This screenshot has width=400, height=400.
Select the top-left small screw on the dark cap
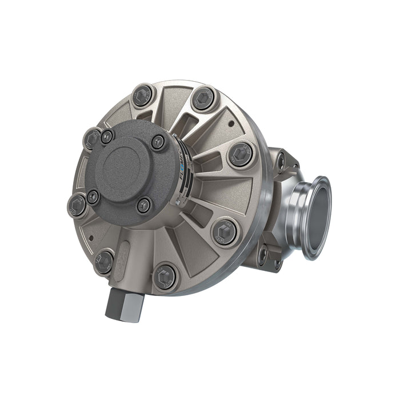tap(107, 136)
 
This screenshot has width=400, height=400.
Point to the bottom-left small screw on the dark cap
tap(93, 197)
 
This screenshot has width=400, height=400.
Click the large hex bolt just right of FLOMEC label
tap(241, 154)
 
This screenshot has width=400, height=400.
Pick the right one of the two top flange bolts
tap(203, 99)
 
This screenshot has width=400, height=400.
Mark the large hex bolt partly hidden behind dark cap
tap(91, 139)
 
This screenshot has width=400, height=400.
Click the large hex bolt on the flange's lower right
tap(224, 231)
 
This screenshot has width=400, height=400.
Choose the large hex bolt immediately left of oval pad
tap(103, 262)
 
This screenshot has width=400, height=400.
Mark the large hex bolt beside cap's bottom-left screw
tap(77, 205)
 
